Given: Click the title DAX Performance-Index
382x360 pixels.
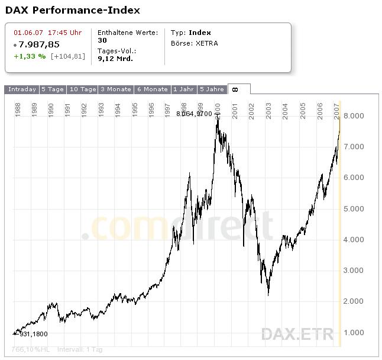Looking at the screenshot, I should (73, 11).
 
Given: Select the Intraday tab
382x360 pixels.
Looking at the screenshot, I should (21, 89).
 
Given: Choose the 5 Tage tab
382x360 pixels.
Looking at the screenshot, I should (53, 89).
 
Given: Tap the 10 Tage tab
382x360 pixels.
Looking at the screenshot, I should (83, 89).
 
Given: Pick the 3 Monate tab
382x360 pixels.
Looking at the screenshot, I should (116, 89).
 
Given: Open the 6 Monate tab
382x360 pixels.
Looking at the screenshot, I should (153, 89).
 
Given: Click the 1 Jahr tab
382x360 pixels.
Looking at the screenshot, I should (183, 89).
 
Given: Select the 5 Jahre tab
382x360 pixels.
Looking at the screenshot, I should (212, 89).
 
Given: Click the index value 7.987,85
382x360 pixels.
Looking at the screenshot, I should (39, 44).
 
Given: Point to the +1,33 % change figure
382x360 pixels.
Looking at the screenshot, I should (30, 56).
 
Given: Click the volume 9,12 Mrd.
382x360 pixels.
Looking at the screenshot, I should (115, 59).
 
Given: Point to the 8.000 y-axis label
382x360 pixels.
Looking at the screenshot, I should (354, 115).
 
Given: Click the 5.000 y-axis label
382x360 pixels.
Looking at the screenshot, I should (354, 208).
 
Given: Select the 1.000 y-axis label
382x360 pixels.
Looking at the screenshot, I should (354, 332).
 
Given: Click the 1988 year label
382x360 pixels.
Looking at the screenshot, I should (18, 110).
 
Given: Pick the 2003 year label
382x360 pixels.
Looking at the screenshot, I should (268, 110).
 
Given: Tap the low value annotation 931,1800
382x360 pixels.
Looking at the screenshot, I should (34, 334).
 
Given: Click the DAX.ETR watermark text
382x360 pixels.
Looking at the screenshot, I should (297, 334).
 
